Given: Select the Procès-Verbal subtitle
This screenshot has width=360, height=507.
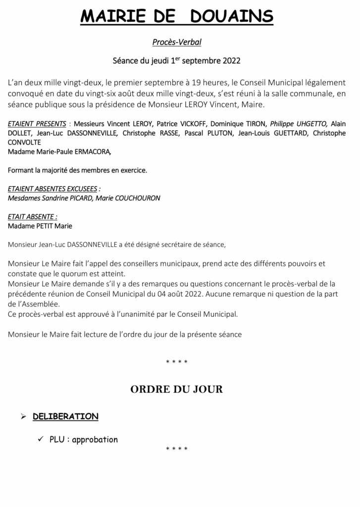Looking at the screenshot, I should click(x=180, y=43).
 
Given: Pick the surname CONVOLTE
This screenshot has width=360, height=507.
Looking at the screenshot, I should click(x=27, y=143).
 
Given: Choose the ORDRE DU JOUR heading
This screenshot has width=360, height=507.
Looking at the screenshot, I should click(x=176, y=389).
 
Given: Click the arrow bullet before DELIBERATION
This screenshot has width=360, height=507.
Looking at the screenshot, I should click(x=23, y=416).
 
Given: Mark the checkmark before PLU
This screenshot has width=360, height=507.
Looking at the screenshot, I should click(x=41, y=439).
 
